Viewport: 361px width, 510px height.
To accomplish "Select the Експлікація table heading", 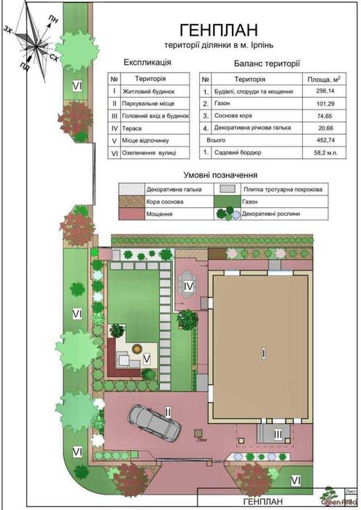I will [x=147, y=63].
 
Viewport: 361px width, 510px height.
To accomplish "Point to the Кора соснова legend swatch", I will [x=131, y=202].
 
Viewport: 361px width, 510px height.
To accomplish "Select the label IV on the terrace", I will [x=188, y=287].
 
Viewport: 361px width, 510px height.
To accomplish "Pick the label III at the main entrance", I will [x=277, y=434].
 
